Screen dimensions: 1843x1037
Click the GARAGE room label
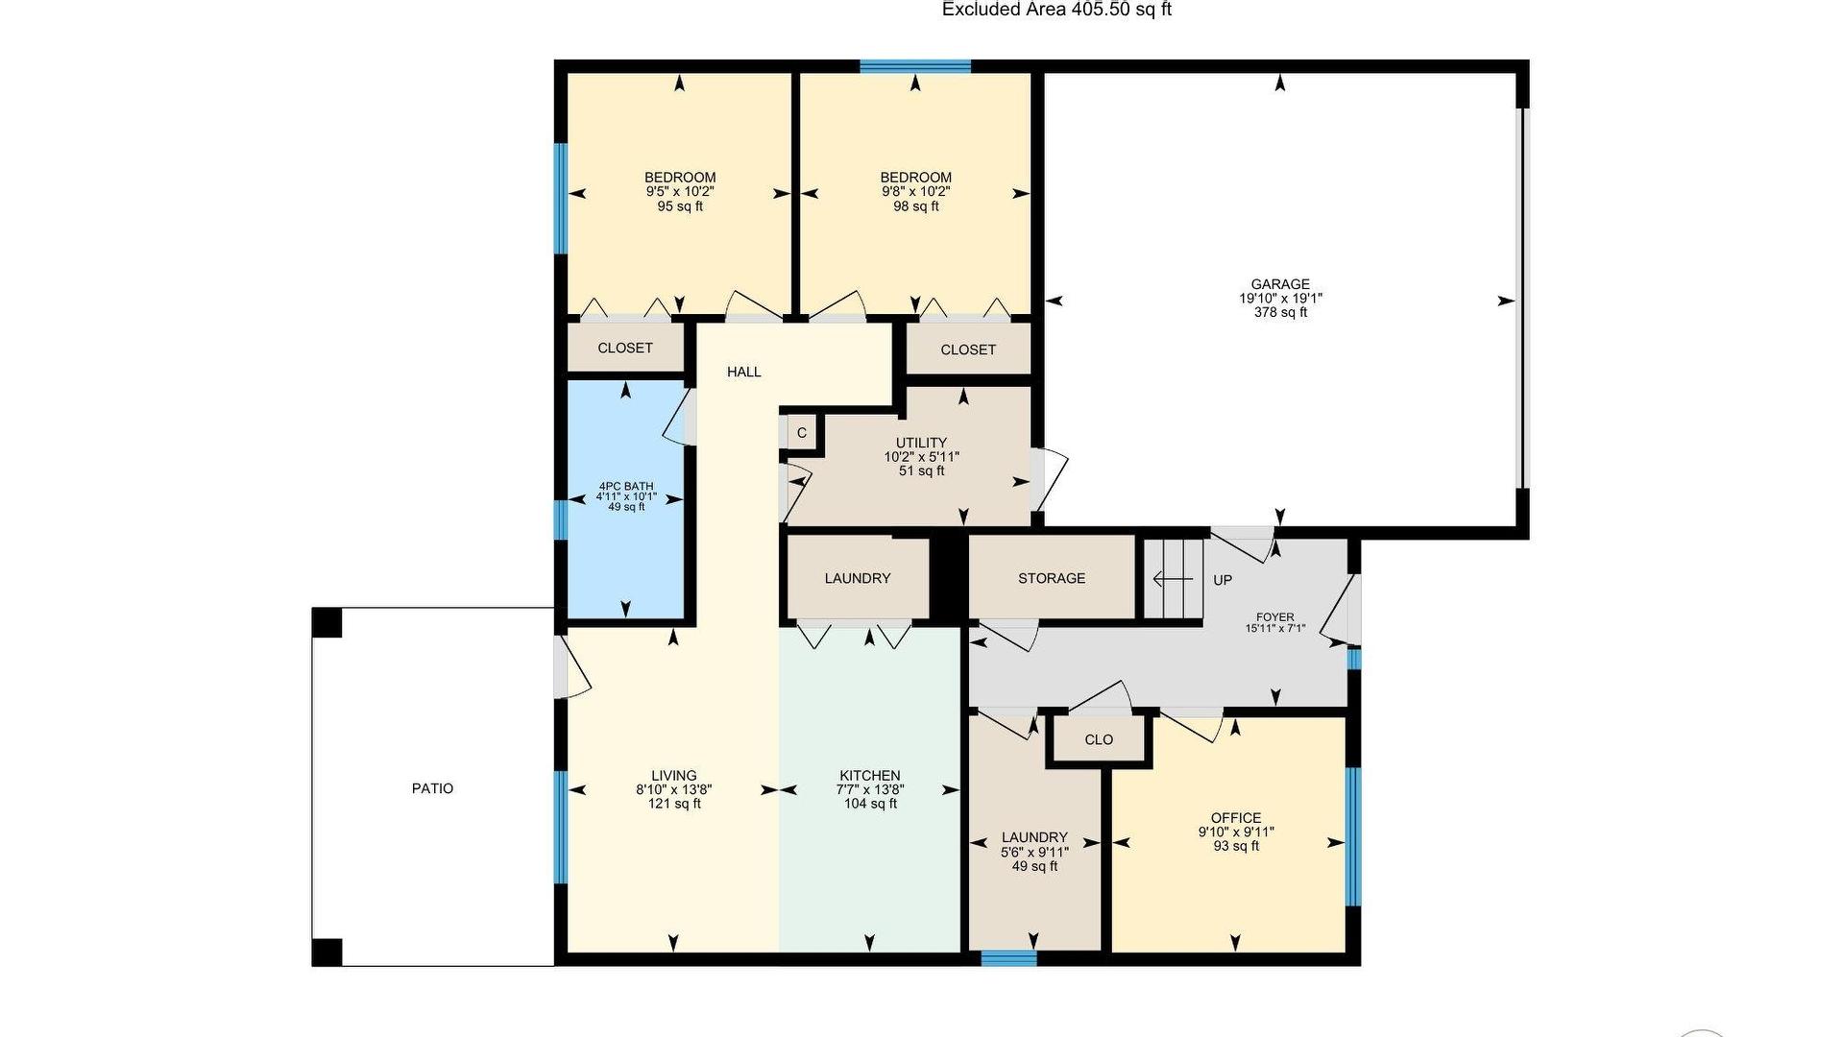click(1279, 284)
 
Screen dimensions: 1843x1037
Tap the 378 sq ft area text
click(1280, 312)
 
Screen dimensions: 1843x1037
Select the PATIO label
click(432, 788)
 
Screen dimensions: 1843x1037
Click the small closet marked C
click(802, 433)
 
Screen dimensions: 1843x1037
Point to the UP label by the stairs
click(1223, 580)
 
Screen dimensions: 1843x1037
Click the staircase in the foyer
click(1173, 579)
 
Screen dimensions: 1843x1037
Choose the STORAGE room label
click(1052, 578)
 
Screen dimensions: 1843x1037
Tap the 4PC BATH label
click(626, 487)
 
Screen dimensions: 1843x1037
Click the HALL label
click(743, 372)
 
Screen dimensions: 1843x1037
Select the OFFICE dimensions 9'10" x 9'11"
click(1236, 832)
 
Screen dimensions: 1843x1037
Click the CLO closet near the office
click(1099, 739)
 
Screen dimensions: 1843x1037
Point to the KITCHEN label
click(870, 776)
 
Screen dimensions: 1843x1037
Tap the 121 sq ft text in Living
click(674, 804)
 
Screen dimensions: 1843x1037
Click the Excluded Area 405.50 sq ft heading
click(1056, 10)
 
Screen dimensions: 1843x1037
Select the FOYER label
click(1275, 617)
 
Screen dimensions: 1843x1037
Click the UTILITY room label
click(922, 443)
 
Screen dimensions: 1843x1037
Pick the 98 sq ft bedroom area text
click(916, 205)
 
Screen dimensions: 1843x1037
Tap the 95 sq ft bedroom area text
click(680, 205)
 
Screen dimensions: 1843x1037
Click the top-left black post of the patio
click(327, 622)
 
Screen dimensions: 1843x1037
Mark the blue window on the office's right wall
click(1353, 836)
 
